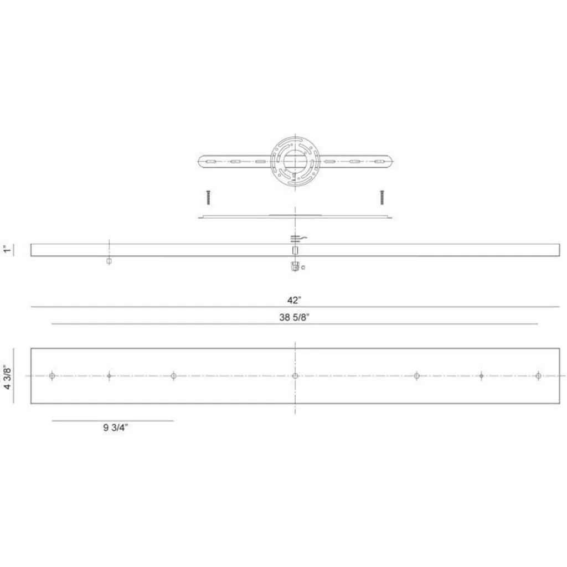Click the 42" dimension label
tap(295, 300)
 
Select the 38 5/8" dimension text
tap(295, 317)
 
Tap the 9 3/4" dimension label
tap(115, 427)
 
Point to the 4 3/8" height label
tap(7, 377)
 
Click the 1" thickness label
tap(7, 249)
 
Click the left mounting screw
tap(208, 198)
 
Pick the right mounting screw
tap(382, 198)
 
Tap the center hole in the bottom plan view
tap(295, 376)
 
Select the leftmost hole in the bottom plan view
tap(52, 376)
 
